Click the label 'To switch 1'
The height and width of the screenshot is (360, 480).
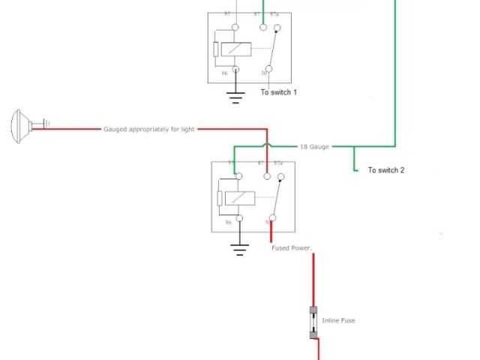click(279, 92)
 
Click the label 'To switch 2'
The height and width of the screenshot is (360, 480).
click(386, 170)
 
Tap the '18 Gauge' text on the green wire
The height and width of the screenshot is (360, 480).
click(315, 147)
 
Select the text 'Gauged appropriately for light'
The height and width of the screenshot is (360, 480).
click(148, 129)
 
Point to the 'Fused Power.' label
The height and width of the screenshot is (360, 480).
click(291, 248)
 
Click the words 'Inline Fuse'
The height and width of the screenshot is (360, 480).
click(338, 320)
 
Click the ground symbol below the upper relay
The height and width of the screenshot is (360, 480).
click(236, 95)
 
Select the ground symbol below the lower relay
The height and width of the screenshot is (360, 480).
click(239, 249)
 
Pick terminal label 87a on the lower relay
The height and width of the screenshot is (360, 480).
click(278, 163)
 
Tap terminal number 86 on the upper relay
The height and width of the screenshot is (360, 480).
click(224, 73)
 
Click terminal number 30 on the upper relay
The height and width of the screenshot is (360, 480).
click(265, 73)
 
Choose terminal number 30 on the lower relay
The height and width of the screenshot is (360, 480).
click(267, 222)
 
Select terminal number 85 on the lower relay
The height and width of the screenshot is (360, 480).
click(231, 163)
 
